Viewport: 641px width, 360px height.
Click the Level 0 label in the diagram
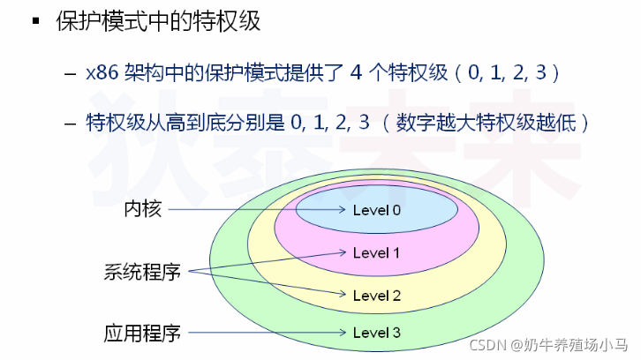click(x=376, y=210)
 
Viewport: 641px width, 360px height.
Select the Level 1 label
click(x=376, y=253)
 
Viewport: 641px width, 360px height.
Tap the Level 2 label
click(x=376, y=296)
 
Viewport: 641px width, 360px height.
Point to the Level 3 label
click(x=376, y=333)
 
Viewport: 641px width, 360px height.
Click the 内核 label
click(x=141, y=210)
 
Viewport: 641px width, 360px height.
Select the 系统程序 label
click(x=141, y=273)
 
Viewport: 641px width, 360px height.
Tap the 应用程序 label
click(x=141, y=334)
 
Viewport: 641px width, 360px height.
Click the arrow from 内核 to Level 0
click(x=256, y=210)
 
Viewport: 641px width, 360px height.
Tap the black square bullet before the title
click(x=36, y=20)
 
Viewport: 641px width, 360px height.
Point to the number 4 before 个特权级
click(x=357, y=71)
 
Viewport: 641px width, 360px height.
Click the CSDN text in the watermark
click(x=485, y=345)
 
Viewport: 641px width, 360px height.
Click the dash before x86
click(x=70, y=72)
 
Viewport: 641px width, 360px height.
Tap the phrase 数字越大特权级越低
click(x=494, y=122)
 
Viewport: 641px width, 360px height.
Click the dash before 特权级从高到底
click(x=70, y=123)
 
